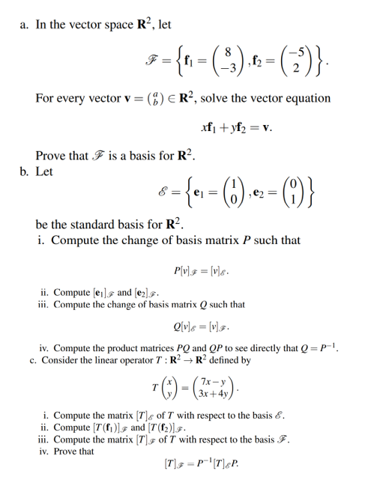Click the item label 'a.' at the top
22,25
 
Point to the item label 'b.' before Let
22,174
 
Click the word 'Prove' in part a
51,157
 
